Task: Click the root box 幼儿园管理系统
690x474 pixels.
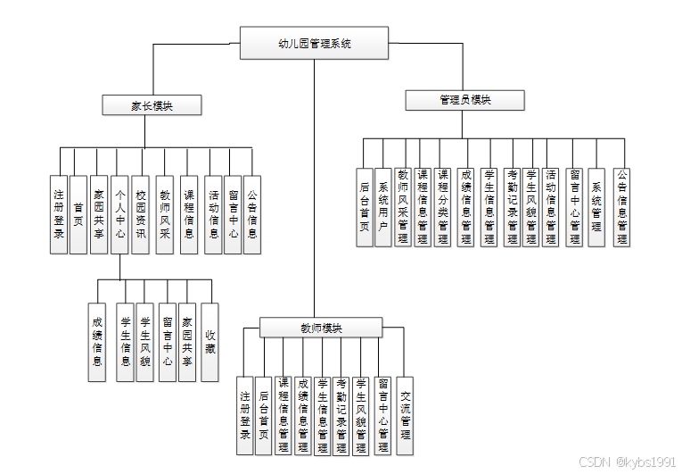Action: coord(314,43)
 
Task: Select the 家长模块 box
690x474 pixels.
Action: coord(152,105)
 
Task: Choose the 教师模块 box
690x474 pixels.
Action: coord(321,328)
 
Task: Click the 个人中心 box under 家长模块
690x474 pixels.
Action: coord(119,214)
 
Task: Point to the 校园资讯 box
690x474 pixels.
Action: coord(140,214)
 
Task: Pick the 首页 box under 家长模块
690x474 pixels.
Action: coord(78,214)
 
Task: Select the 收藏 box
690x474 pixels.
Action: coord(209,342)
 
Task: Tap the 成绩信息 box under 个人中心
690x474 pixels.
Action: coord(97,342)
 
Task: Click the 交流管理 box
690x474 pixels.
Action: coord(406,415)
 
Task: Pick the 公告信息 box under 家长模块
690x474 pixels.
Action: coord(252,214)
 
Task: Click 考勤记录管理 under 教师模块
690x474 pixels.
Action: coord(341,415)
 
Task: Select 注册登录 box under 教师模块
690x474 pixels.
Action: coord(245,415)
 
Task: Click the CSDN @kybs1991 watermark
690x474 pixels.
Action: coord(627,462)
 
